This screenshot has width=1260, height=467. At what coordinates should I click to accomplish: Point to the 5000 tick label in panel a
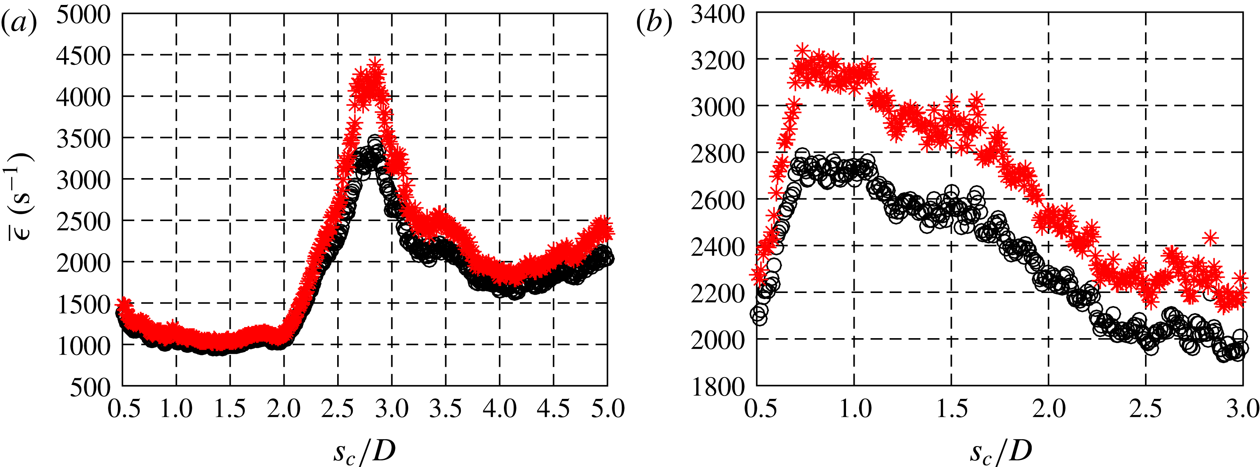pyautogui.click(x=83, y=15)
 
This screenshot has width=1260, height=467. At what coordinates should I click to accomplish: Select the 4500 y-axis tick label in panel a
pyautogui.click(x=83, y=56)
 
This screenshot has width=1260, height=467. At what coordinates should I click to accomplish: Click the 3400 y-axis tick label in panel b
pyautogui.click(x=717, y=15)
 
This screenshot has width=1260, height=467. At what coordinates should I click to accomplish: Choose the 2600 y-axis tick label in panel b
pyautogui.click(x=717, y=200)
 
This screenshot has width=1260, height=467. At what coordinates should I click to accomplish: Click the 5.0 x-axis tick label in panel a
pyautogui.click(x=607, y=408)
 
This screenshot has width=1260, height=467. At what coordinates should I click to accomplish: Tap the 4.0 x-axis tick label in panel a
pyautogui.click(x=499, y=408)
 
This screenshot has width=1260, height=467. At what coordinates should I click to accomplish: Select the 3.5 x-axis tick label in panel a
pyautogui.click(x=446, y=408)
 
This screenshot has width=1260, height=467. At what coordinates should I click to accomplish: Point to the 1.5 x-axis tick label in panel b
pyautogui.click(x=951, y=408)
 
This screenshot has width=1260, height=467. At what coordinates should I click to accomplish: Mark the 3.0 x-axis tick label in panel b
pyautogui.click(x=1242, y=408)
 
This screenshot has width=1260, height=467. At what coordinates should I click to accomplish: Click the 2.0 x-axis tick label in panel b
pyautogui.click(x=1048, y=408)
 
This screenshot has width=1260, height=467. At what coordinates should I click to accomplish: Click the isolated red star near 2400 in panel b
pyautogui.click(x=1210, y=238)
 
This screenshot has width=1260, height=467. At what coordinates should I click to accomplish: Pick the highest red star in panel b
pyautogui.click(x=802, y=50)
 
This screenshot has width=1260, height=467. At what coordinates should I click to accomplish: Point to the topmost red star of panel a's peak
pyautogui.click(x=375, y=64)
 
